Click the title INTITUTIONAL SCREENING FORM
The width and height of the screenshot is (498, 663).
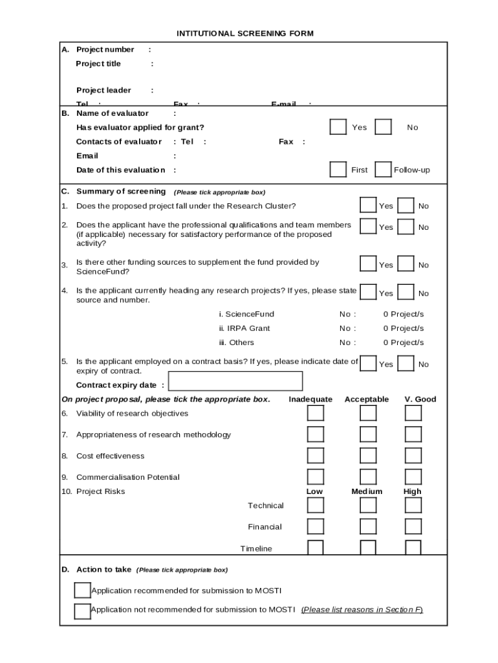(245, 34)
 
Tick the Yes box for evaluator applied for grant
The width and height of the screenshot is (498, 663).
(338, 127)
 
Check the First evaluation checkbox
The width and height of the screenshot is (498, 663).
(338, 170)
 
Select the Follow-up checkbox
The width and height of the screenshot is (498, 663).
(383, 170)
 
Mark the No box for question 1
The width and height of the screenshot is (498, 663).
(406, 206)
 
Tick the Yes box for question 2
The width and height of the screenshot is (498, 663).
(368, 227)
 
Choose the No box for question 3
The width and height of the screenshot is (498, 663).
(406, 264)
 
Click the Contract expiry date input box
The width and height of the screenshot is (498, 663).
(235, 382)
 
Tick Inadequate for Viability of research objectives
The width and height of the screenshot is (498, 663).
(315, 413)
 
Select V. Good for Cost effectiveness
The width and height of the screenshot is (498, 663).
(413, 456)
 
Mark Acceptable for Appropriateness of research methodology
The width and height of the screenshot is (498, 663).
(368, 434)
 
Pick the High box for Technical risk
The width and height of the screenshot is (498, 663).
(413, 506)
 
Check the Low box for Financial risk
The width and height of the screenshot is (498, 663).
(315, 526)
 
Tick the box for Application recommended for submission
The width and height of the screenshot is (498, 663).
(82, 590)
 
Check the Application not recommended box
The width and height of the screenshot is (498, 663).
(82, 611)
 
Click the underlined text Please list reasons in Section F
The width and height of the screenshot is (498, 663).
(362, 610)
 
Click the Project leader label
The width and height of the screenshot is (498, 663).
(103, 91)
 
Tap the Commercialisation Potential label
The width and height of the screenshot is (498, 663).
(128, 477)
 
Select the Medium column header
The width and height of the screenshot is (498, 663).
(367, 491)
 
